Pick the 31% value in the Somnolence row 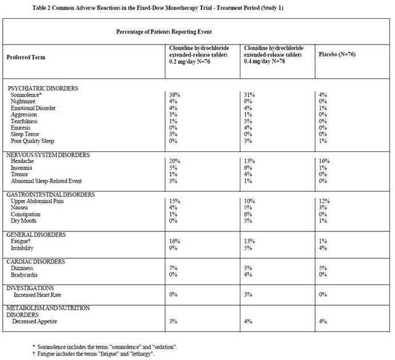249,94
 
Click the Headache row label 24,162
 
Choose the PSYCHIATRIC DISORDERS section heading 43,88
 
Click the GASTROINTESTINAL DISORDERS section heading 51,195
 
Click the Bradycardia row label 27,275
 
